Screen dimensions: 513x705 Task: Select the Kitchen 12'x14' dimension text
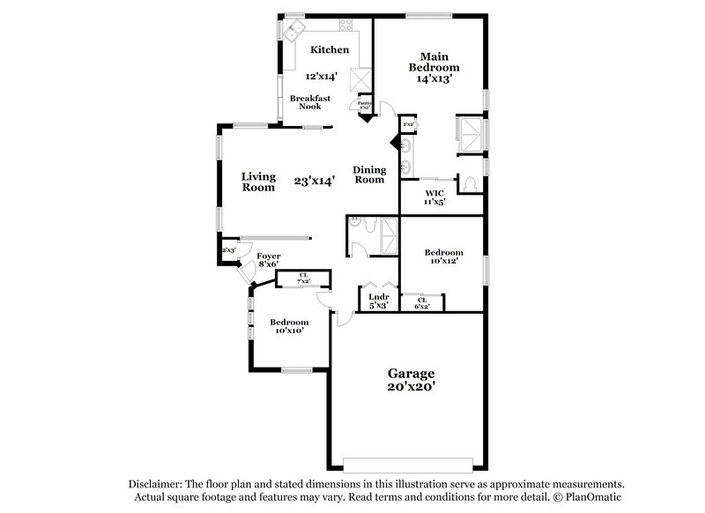(x=322, y=77)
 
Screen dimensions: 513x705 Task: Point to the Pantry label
(x=364, y=105)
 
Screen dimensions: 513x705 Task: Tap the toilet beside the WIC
(x=471, y=183)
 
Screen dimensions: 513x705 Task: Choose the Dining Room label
(x=369, y=175)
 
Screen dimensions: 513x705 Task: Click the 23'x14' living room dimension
(x=315, y=181)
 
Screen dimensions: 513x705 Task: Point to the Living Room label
(x=258, y=181)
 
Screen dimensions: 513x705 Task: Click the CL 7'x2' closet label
(x=303, y=279)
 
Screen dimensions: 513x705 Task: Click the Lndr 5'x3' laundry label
(x=379, y=301)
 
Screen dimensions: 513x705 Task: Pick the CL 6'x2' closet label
(x=421, y=303)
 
